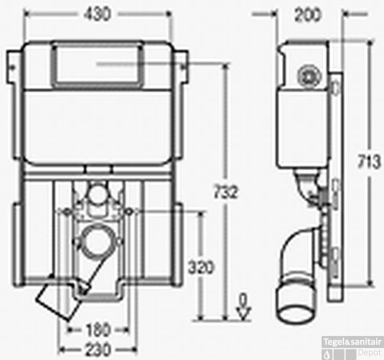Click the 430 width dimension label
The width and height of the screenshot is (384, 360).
(x=97, y=14)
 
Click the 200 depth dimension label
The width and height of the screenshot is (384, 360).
(x=308, y=15)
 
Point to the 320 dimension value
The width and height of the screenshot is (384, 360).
(x=201, y=267)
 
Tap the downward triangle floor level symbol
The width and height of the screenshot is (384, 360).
(x=244, y=314)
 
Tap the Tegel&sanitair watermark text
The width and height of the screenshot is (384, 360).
(x=353, y=341)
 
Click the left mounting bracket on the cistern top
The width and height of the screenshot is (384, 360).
(x=13, y=65)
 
